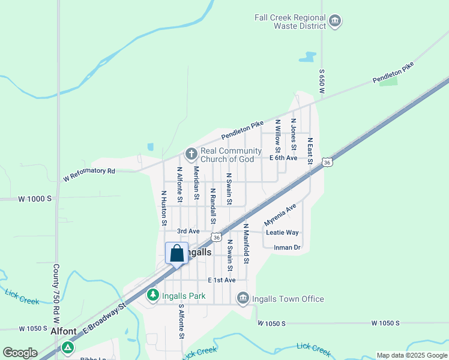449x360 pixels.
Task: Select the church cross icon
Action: [191, 154]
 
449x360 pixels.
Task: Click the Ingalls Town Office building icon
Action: [243, 298]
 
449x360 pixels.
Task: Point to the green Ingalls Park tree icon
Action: [153, 295]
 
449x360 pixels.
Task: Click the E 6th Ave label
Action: [283, 158]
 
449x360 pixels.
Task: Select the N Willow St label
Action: [277, 135]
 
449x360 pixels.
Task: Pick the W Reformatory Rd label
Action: [89, 171]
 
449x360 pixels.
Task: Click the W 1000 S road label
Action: [35, 198]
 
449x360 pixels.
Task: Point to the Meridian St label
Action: [196, 183]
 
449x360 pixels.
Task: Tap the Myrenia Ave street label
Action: [280, 214]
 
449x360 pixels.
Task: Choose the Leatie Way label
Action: [282, 232]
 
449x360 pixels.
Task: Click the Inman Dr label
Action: [287, 247]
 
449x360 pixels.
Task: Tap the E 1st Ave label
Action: [221, 280]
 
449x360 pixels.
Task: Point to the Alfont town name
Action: [64, 331]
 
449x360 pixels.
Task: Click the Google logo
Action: [20, 353]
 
